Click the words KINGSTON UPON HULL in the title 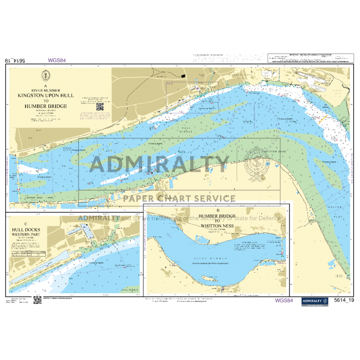coord(46,96)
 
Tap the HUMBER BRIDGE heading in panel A coord(46,106)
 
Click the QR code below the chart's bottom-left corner coord(38,300)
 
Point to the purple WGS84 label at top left coord(57,60)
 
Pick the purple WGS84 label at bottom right coord(284,300)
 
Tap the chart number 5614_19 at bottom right coord(344,300)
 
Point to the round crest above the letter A coord(46,77)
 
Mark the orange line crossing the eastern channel coord(325,118)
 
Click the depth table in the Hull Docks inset coord(25,254)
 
